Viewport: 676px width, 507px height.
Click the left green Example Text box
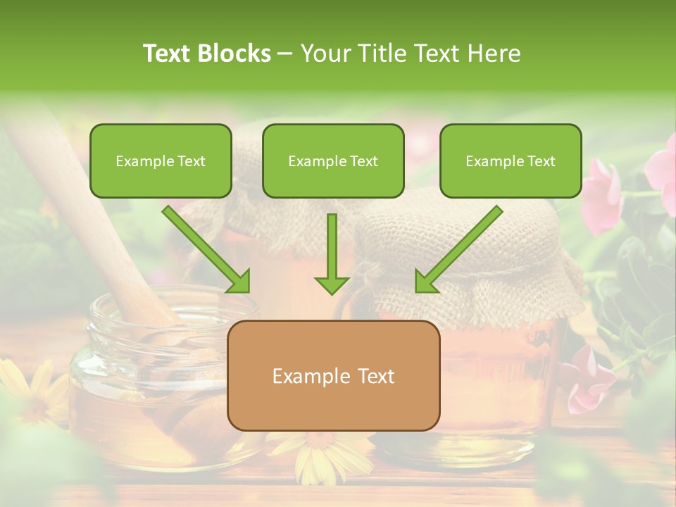coord(161,161)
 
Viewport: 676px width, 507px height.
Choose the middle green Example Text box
coord(333,161)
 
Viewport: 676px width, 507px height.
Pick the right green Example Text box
coord(511,161)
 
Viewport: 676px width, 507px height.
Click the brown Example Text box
coord(333,375)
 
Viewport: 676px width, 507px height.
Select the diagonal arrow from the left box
coord(207,249)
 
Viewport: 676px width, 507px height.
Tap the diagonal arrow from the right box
coord(457,249)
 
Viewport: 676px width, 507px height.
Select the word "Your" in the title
coord(325,54)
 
